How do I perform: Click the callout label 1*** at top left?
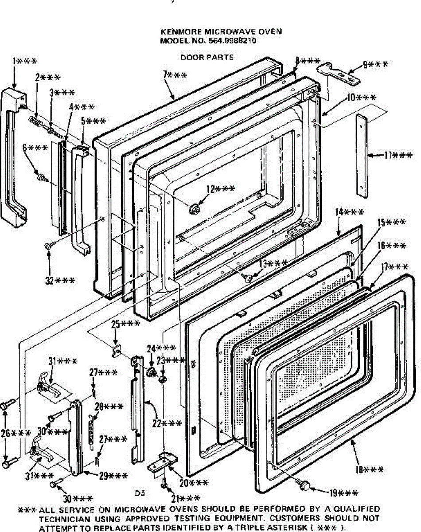(25, 61)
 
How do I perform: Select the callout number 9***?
(375, 65)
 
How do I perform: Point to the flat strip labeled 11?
(363, 155)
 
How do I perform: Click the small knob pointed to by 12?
(194, 208)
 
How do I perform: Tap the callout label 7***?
(174, 75)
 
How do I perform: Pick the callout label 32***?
(59, 280)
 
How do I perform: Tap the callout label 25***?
(125, 324)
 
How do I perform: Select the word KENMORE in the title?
(177, 32)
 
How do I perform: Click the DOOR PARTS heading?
(207, 58)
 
